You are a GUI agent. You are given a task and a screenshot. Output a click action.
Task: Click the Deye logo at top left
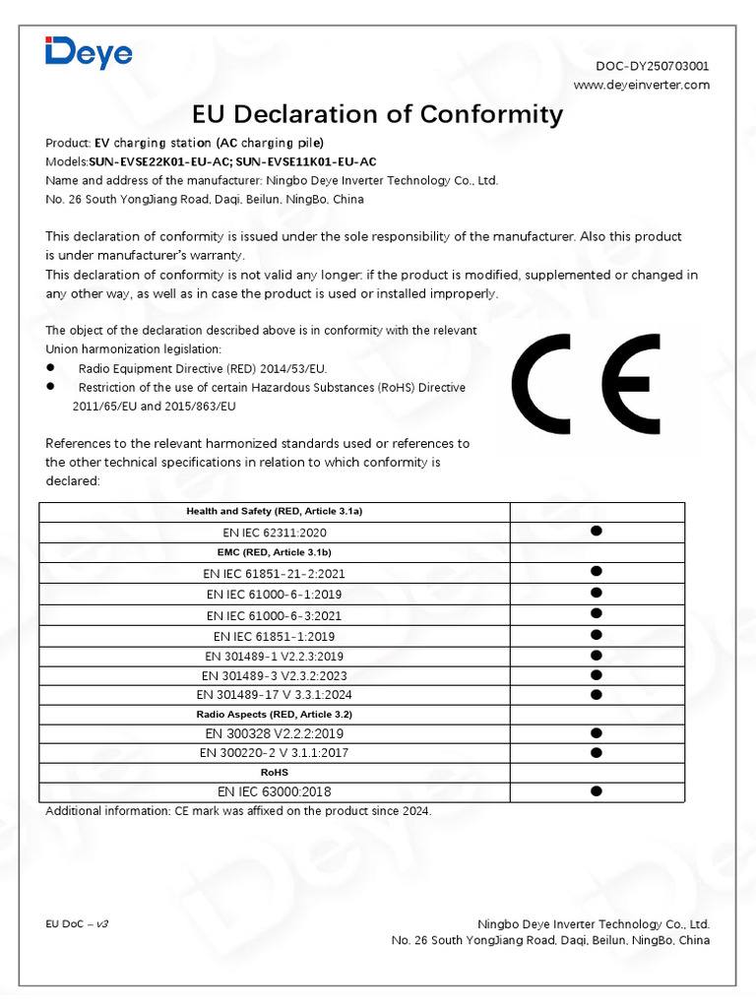89,51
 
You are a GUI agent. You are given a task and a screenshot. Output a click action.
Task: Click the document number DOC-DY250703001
653,66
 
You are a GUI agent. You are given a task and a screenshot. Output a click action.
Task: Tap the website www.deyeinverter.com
641,85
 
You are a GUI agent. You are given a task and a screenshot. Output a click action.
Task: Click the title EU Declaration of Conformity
377,114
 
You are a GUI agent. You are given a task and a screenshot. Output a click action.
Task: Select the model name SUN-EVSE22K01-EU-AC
159,161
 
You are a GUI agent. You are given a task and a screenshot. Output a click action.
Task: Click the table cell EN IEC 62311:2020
275,533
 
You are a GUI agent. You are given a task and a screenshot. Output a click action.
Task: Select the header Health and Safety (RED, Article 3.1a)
275,512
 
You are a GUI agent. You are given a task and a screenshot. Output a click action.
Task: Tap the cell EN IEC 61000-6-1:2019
275,594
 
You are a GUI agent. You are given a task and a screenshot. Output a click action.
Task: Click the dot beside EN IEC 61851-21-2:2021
596,571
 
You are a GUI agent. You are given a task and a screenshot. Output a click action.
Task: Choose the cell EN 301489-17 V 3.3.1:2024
275,695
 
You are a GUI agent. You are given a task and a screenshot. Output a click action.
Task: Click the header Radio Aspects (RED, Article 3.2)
275,714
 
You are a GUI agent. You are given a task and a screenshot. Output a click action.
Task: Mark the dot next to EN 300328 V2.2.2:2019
596,733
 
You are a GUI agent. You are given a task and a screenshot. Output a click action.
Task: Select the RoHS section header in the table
275,773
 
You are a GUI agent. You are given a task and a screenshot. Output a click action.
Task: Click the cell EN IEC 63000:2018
275,791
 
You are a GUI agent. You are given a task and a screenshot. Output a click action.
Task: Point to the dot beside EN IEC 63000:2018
596,790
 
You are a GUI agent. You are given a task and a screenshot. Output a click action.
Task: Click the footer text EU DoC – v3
77,925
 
